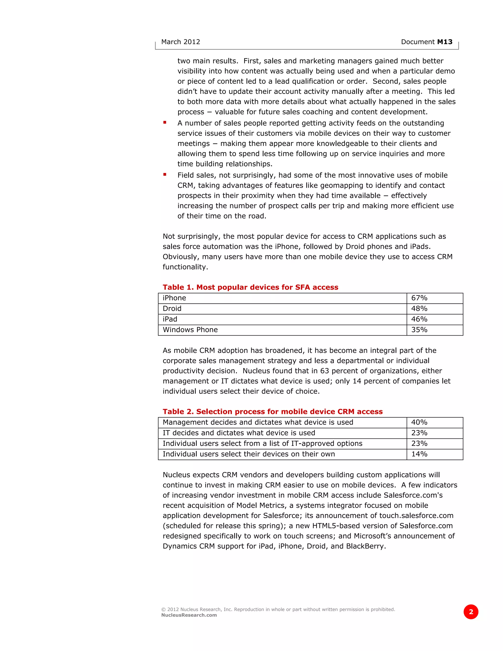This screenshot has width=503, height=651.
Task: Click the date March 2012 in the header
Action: [x=180, y=42]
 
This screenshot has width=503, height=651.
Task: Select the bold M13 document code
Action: [x=445, y=42]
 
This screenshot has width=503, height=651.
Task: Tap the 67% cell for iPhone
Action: [x=419, y=298]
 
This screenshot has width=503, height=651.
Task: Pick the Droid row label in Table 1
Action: [x=172, y=309]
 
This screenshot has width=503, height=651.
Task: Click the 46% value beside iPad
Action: [x=419, y=319]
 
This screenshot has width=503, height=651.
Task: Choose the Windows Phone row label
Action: [x=190, y=330]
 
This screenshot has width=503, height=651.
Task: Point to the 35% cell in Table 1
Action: [x=419, y=330]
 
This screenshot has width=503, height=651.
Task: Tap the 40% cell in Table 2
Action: [x=419, y=422]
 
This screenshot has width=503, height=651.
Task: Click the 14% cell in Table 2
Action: [x=419, y=454]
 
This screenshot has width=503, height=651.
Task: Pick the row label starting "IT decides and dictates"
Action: [x=239, y=433]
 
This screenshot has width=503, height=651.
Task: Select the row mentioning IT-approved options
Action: [x=262, y=443]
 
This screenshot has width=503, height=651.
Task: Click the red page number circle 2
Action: [x=471, y=612]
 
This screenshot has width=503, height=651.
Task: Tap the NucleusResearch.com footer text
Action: [x=189, y=615]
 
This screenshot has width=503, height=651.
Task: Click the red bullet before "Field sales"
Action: [x=165, y=174]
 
